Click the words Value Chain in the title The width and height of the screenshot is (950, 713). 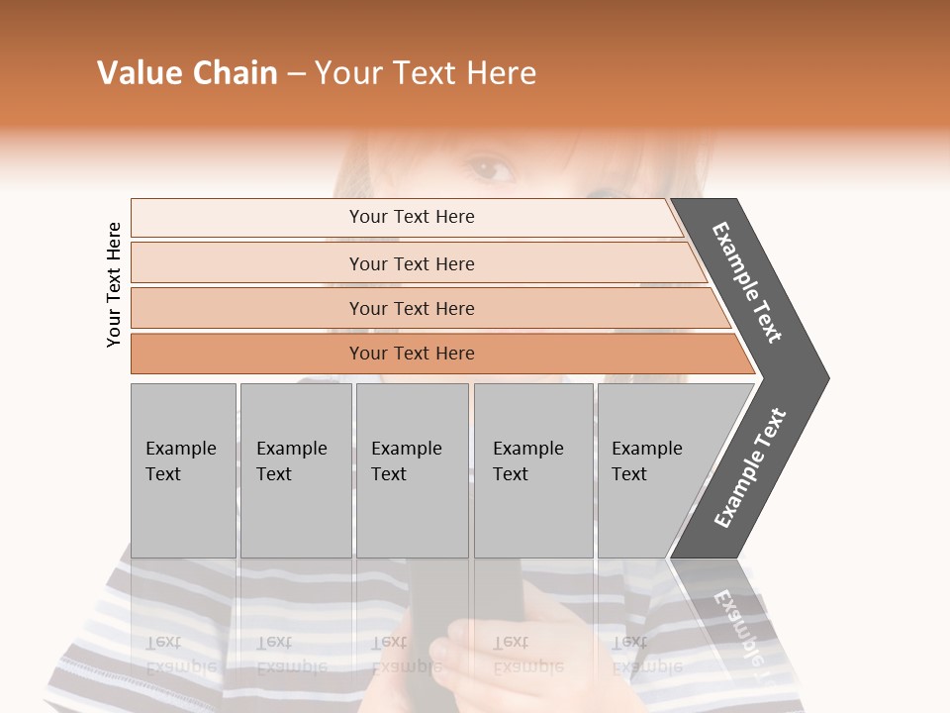pyautogui.click(x=187, y=73)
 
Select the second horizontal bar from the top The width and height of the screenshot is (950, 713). pyautogui.click(x=411, y=263)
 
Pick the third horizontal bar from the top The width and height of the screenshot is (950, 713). pyautogui.click(x=411, y=308)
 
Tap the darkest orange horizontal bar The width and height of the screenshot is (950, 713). pyautogui.click(x=411, y=354)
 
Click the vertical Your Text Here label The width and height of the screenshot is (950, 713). pyautogui.click(x=114, y=284)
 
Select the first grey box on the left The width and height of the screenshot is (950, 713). pyautogui.click(x=183, y=470)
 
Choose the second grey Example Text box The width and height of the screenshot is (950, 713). pyautogui.click(x=296, y=470)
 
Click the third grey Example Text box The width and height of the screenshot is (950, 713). pyautogui.click(x=412, y=470)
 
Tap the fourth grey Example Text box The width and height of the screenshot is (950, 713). pyautogui.click(x=533, y=470)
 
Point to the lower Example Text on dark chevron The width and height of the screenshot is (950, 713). pyautogui.click(x=750, y=467)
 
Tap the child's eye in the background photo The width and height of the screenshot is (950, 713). pyautogui.click(x=491, y=169)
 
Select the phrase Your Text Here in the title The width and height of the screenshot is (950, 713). pyautogui.click(x=426, y=73)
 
